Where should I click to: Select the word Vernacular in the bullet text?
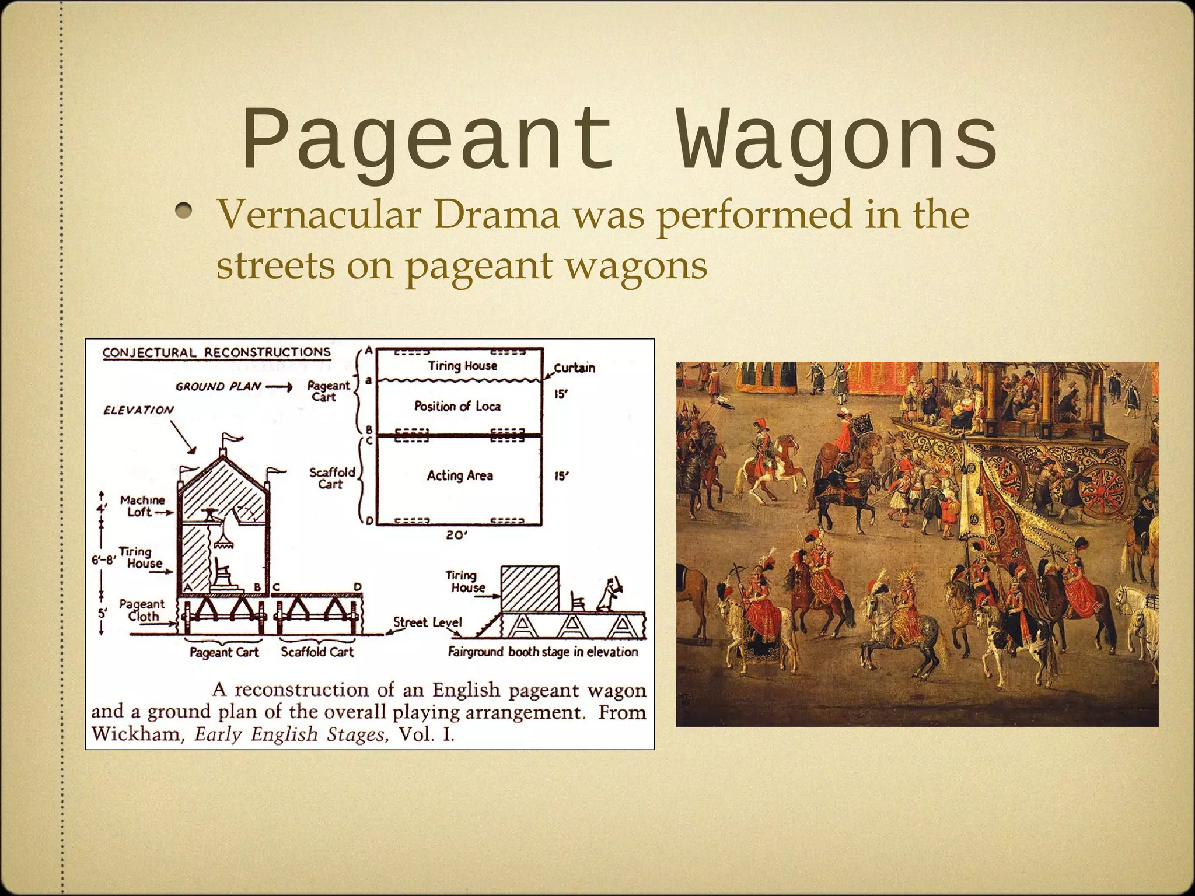(x=319, y=215)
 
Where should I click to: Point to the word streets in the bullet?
(x=275, y=265)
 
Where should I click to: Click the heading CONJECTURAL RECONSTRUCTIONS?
(x=216, y=352)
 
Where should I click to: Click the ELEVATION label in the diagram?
(x=138, y=410)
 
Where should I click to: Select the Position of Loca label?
(x=457, y=406)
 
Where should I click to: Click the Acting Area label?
(x=460, y=475)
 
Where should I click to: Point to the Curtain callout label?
(x=574, y=367)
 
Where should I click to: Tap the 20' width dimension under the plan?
(x=456, y=535)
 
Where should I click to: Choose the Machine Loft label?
(x=142, y=506)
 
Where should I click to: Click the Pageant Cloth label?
(x=142, y=610)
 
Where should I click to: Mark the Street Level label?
(x=427, y=622)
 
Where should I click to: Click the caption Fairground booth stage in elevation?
(x=543, y=652)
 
